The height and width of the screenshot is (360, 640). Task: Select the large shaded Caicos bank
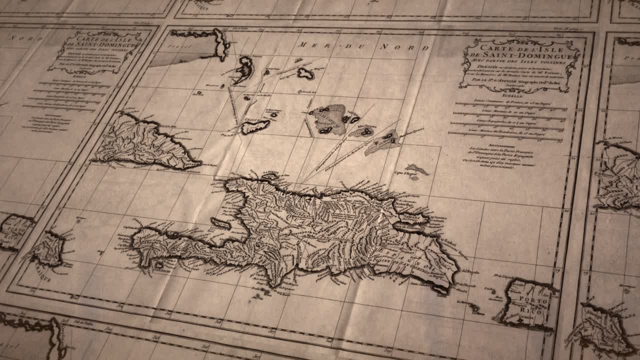(330, 119)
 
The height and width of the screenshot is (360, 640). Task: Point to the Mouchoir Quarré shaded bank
(383, 143)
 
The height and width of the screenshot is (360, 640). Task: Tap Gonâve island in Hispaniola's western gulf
(220, 223)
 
